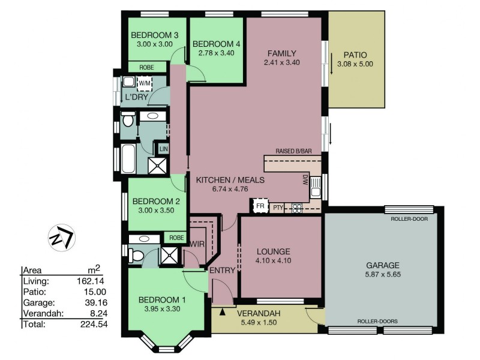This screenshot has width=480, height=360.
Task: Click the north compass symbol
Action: [x=61, y=236]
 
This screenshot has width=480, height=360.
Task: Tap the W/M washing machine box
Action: [x=145, y=83]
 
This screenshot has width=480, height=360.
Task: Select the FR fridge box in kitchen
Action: [x=260, y=206]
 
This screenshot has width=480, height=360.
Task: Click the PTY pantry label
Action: [x=277, y=207]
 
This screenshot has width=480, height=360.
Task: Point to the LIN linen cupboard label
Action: [x=163, y=147]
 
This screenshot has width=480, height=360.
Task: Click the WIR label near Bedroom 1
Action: [x=197, y=244]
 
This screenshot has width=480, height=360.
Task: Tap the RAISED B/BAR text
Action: [x=293, y=151]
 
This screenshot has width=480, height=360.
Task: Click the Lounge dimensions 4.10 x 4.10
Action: [x=274, y=261]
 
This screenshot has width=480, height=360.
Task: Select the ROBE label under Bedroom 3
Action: [x=146, y=67]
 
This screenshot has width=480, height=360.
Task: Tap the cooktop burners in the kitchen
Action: [x=296, y=209]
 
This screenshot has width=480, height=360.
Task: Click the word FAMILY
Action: [x=282, y=53]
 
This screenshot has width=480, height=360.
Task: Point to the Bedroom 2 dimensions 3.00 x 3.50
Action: [x=152, y=211]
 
